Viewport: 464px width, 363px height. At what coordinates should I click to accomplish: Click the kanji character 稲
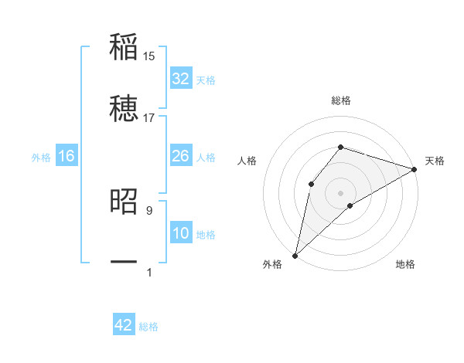(x=124, y=47)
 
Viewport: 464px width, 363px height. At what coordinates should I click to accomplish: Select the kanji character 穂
(x=124, y=108)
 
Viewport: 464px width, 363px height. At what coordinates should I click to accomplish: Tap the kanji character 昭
(x=124, y=201)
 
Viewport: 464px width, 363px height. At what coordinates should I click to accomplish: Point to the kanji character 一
(x=124, y=263)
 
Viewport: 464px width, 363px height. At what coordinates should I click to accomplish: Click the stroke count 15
(x=149, y=56)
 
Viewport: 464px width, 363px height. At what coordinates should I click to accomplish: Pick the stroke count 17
(x=149, y=117)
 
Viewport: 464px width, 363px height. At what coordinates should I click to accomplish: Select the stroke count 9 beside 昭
(x=149, y=209)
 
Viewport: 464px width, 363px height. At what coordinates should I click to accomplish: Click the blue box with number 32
(x=180, y=79)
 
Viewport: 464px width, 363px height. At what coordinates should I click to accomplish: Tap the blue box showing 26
(x=180, y=156)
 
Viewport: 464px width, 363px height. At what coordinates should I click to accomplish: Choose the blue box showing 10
(x=180, y=233)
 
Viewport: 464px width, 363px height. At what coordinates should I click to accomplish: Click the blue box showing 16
(x=67, y=156)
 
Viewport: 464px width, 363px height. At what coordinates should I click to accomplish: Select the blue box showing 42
(x=124, y=325)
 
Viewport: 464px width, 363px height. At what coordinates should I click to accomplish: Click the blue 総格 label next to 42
(x=148, y=327)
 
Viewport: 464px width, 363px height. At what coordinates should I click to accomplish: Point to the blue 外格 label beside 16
(x=41, y=158)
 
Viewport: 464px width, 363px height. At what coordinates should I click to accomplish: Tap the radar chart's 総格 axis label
(x=341, y=100)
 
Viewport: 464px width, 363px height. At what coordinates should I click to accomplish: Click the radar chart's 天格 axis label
(x=435, y=161)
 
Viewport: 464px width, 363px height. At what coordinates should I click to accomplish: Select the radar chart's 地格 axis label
(x=405, y=264)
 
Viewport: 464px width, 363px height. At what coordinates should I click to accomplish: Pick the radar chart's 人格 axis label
(x=247, y=161)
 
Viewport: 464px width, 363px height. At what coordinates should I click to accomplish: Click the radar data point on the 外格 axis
(x=295, y=256)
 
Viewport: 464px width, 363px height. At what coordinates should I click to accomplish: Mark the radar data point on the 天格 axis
(x=415, y=169)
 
